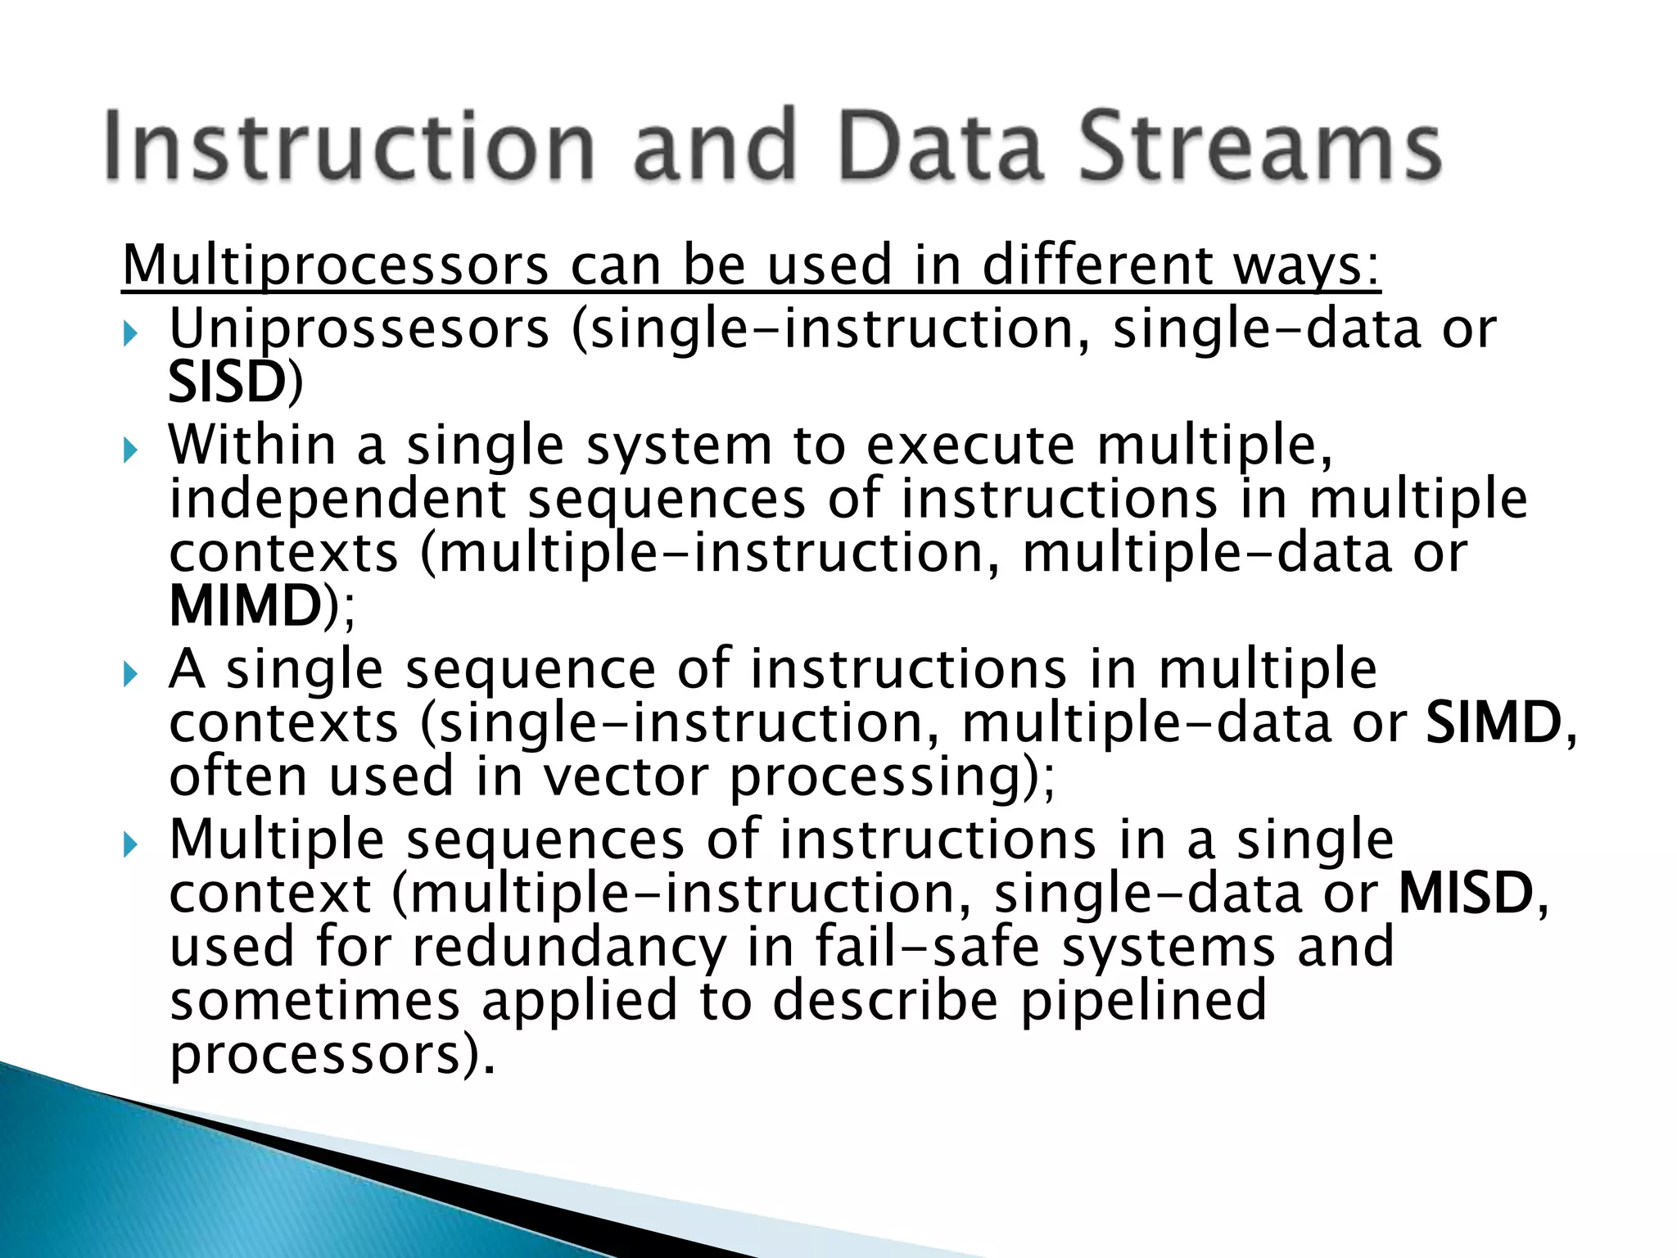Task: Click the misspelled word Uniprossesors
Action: [x=359, y=329]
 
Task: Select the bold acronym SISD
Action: [x=226, y=382]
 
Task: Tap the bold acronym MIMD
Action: [x=245, y=606]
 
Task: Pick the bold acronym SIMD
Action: [x=1493, y=723]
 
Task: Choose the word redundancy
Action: [x=568, y=948]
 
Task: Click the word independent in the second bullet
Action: [x=337, y=500]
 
